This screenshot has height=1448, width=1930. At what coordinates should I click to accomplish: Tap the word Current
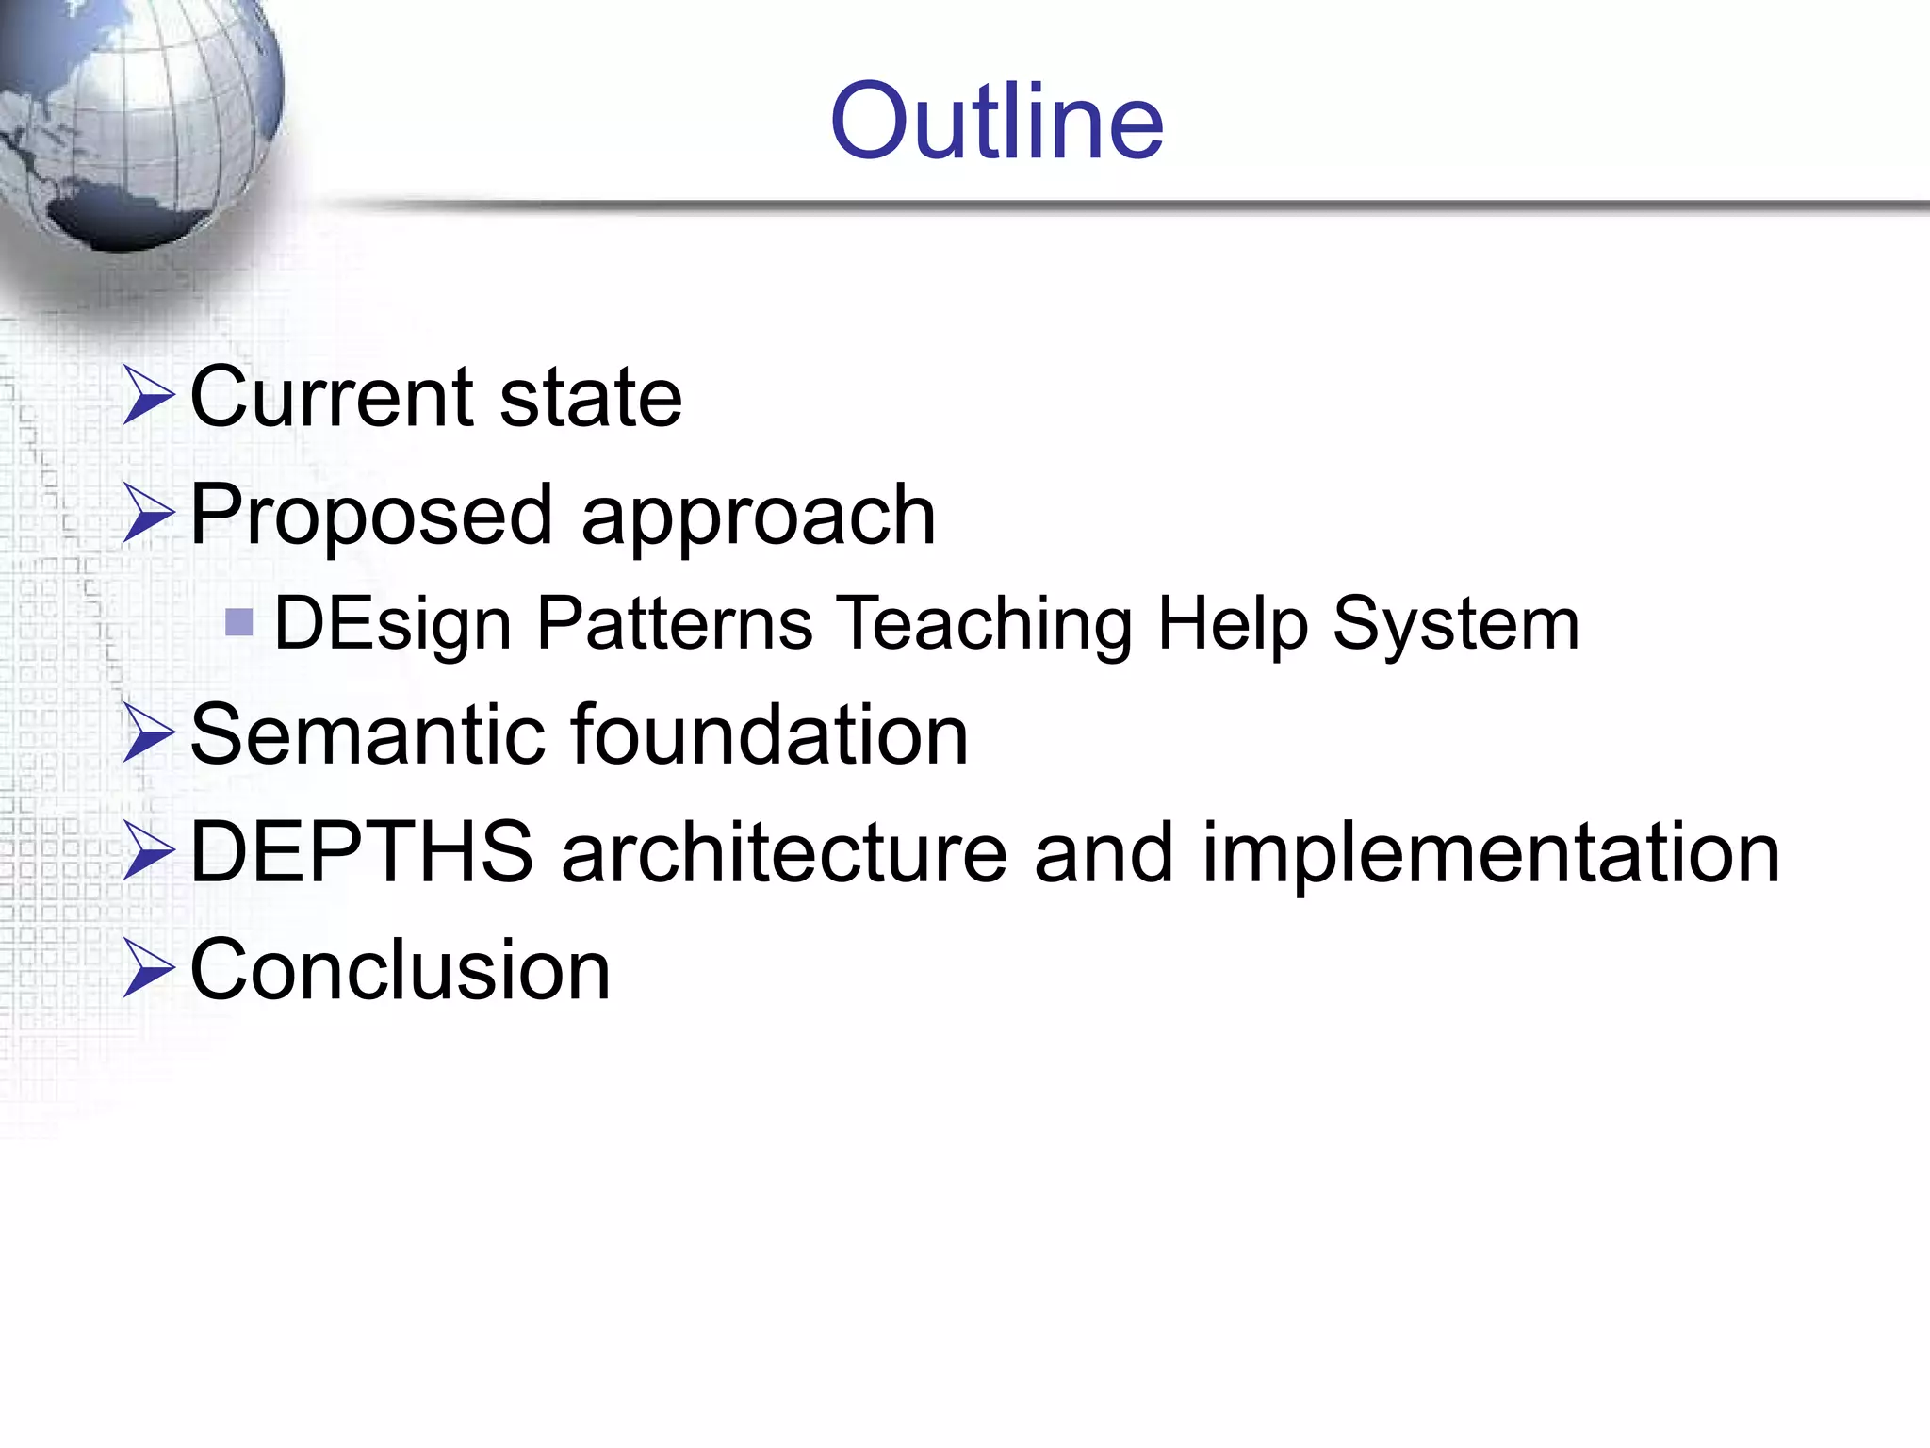(330, 397)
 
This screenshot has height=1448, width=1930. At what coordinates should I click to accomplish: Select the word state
(591, 397)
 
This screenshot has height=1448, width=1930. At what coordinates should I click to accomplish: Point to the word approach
(759, 517)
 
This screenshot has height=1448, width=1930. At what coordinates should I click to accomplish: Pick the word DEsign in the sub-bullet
(393, 624)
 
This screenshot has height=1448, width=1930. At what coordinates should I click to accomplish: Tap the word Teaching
(987, 624)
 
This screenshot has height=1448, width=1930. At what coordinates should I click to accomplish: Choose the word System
(1456, 624)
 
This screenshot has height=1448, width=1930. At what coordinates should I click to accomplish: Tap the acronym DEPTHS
(362, 852)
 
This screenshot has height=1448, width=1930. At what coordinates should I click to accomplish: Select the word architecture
(784, 852)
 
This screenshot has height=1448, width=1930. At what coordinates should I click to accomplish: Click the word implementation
(1491, 854)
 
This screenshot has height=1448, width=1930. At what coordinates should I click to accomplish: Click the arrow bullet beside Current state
(149, 397)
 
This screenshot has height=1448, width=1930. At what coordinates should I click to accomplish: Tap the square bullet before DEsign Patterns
(239, 622)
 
